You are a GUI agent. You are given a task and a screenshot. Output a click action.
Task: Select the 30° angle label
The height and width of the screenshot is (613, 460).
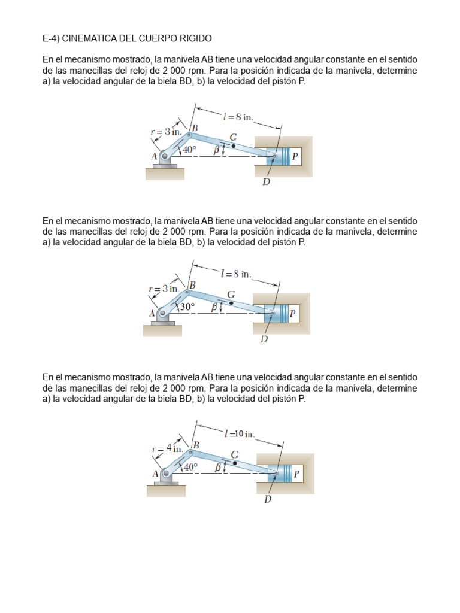pyautogui.click(x=188, y=306)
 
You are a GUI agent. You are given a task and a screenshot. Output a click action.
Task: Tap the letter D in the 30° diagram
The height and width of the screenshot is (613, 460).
pyautogui.click(x=264, y=339)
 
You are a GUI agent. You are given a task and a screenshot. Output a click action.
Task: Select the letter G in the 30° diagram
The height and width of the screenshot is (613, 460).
pyautogui.click(x=231, y=295)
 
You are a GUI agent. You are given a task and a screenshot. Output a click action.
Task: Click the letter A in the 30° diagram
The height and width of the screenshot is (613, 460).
pyautogui.click(x=152, y=312)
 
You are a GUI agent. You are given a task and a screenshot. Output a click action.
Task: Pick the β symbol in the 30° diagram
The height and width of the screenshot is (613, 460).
pyautogui.click(x=214, y=307)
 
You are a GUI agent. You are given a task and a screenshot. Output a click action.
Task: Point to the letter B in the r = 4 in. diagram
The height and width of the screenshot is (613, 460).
pyautogui.click(x=196, y=445)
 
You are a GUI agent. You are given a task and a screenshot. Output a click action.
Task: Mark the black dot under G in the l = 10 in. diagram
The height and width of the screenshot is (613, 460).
pyautogui.click(x=235, y=463)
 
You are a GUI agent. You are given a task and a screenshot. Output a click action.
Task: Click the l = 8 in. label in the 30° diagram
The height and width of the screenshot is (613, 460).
pyautogui.click(x=236, y=274)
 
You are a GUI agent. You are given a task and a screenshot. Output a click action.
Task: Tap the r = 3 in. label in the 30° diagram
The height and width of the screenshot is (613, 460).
pyautogui.click(x=164, y=289)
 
